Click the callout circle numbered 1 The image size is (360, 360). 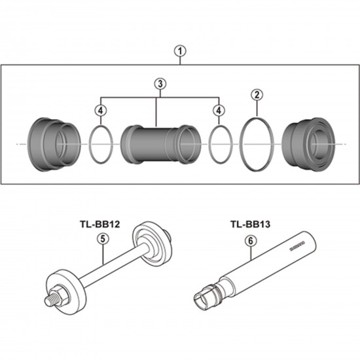click(181, 49)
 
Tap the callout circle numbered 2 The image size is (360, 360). click(257, 95)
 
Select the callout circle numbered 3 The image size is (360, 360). click(158, 84)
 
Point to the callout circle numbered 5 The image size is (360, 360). click(102, 240)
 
